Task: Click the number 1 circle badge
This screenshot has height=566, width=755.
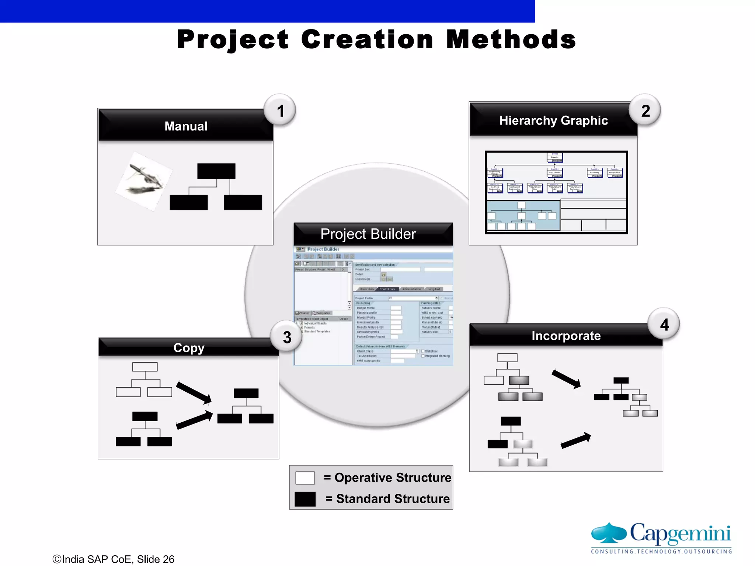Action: [x=280, y=111]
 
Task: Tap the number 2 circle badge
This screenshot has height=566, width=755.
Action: [x=645, y=111]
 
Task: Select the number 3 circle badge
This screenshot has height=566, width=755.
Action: [x=287, y=337]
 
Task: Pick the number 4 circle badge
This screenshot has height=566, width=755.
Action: [x=664, y=324]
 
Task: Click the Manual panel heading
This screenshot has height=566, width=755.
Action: [x=186, y=126]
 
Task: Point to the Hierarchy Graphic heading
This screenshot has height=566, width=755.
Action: [x=553, y=120]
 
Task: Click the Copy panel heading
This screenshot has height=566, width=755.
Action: [x=189, y=347]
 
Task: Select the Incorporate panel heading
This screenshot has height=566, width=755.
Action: [x=566, y=336]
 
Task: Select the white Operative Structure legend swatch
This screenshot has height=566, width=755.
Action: [x=305, y=478]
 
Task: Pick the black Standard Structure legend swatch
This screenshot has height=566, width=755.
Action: [x=305, y=499]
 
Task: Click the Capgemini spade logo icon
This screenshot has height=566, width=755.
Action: [x=609, y=533]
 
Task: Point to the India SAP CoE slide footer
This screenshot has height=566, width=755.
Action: [x=114, y=559]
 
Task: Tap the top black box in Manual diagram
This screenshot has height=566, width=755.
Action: [x=216, y=171]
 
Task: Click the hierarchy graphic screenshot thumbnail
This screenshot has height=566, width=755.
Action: [x=556, y=192]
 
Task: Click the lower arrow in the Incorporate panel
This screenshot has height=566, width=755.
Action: [x=575, y=440]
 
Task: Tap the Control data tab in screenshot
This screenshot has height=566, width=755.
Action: [x=387, y=289]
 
